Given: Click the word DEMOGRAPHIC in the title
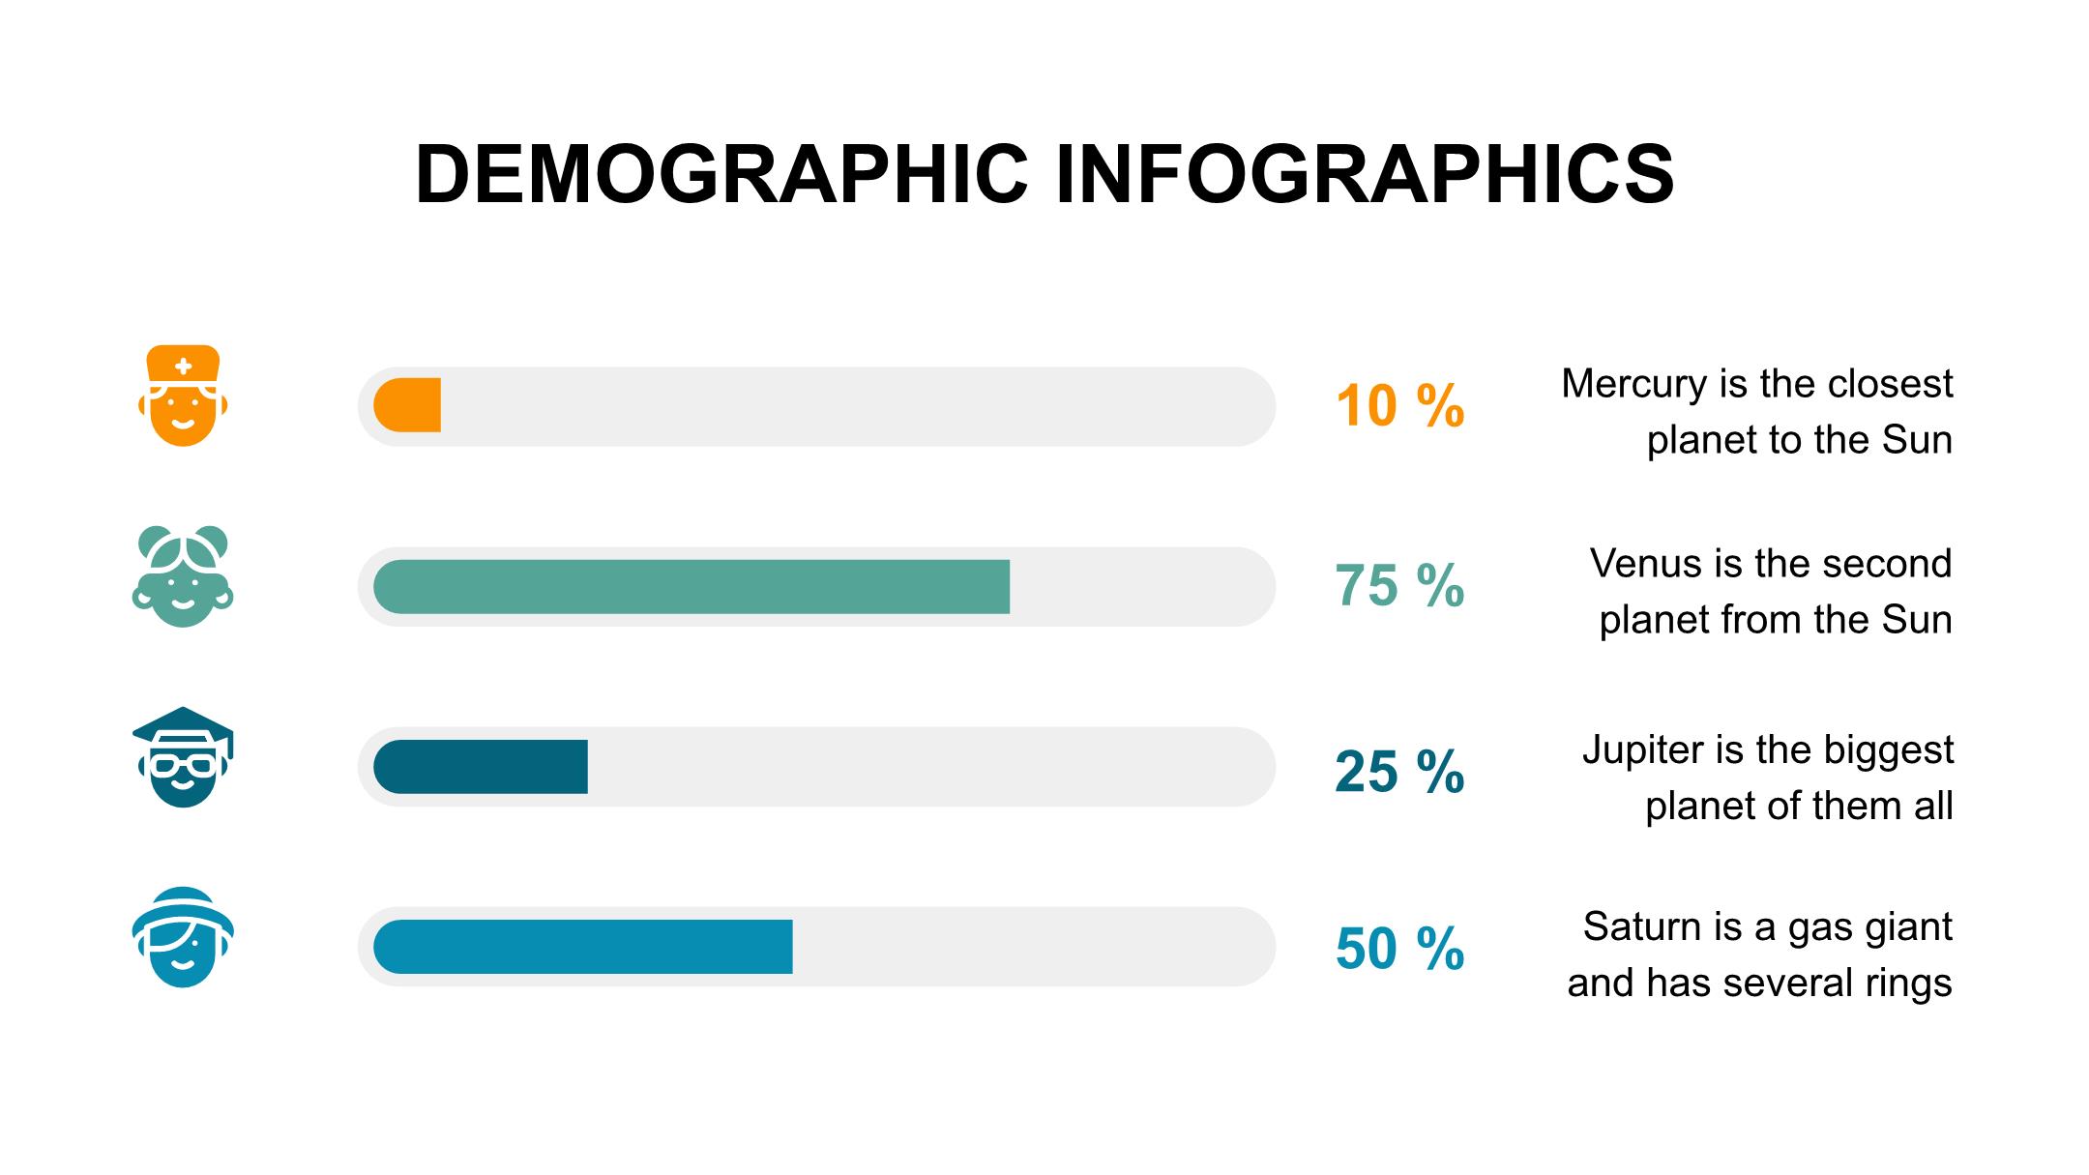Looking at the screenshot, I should click(x=721, y=175).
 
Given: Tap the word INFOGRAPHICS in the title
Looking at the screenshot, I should click(x=1365, y=175).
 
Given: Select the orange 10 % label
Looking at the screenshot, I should click(x=1399, y=406).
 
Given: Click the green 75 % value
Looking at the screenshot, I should click(x=1399, y=586).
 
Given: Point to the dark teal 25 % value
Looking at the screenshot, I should click(x=1399, y=773).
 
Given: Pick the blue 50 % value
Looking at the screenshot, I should click(x=1399, y=949).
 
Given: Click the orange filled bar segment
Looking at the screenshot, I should click(x=408, y=405).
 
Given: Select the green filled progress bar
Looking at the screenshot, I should click(x=691, y=586).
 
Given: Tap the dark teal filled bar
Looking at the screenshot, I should click(x=481, y=767).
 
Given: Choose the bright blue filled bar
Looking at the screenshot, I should click(x=583, y=947).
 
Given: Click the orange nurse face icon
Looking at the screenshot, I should click(x=183, y=396).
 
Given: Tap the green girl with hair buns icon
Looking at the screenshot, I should click(x=183, y=576).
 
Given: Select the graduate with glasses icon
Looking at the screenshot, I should click(x=183, y=757).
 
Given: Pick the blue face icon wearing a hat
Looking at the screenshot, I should click(x=183, y=937).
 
